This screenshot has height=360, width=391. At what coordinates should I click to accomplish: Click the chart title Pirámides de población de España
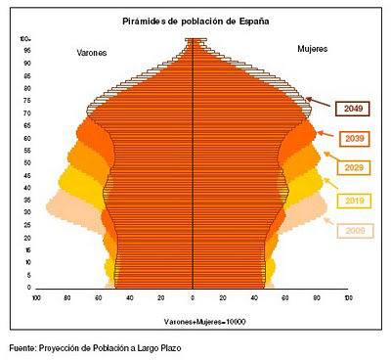click(194, 20)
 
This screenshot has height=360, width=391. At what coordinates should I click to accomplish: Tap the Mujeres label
click(313, 46)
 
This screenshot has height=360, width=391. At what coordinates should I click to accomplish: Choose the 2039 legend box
click(354, 140)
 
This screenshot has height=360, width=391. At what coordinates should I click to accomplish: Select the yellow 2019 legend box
click(354, 201)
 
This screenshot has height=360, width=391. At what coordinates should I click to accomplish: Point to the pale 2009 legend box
click(354, 231)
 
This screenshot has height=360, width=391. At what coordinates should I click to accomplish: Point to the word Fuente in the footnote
click(23, 347)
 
